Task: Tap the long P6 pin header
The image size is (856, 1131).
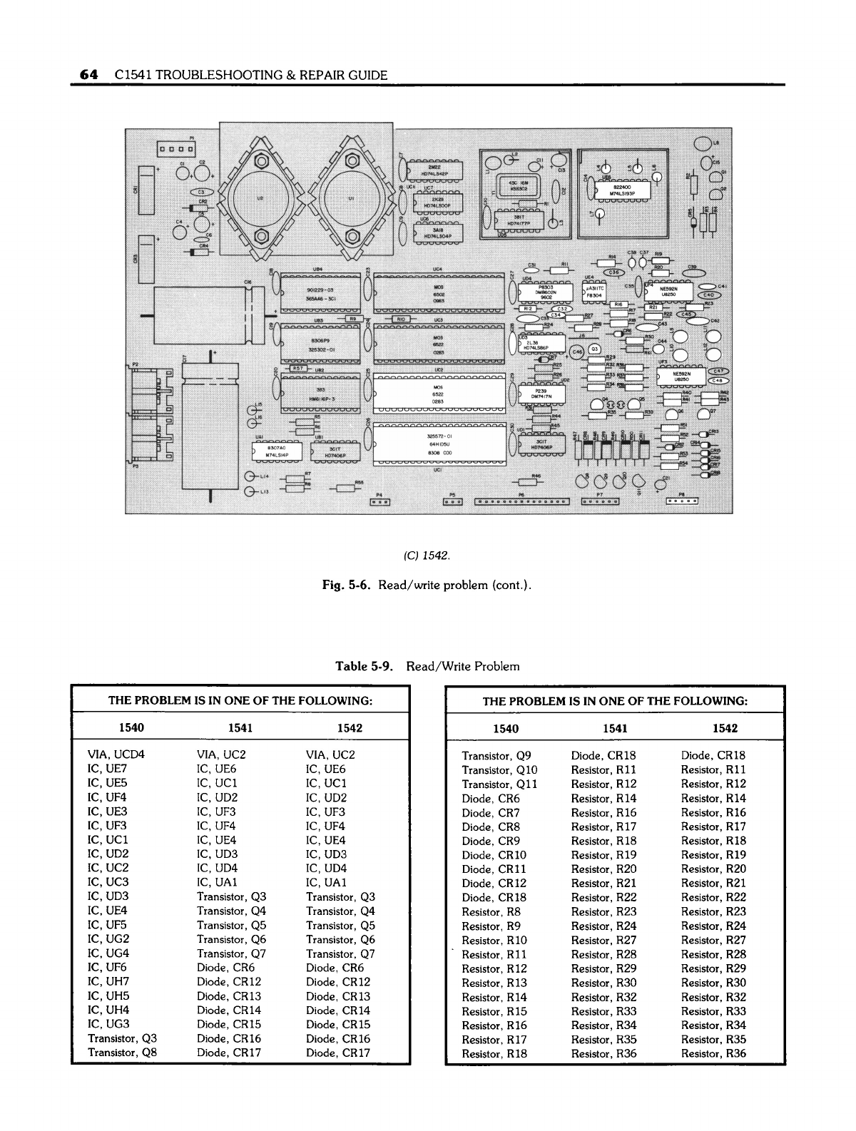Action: click(x=522, y=501)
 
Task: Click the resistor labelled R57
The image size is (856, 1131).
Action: click(x=300, y=369)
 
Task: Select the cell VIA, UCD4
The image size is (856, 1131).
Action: click(x=117, y=754)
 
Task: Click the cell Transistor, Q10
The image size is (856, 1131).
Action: click(x=500, y=769)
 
